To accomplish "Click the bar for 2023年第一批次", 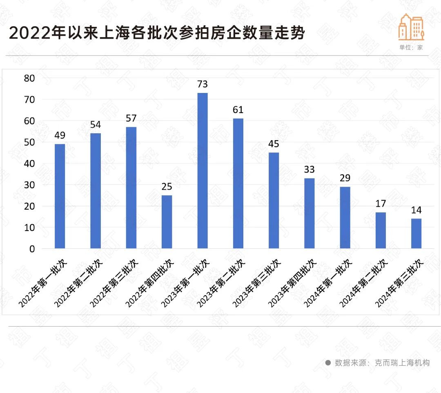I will coord(203,170).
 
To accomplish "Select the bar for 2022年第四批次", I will coord(167,222).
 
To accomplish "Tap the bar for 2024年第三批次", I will coord(416,233).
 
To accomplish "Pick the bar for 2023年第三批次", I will coord(274,200).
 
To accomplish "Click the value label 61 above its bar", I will coord(238,110).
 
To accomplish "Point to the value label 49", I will coord(60,135).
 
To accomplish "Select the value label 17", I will coord(381,203).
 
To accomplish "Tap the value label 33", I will coord(310,170).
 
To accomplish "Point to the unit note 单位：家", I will coord(411,47).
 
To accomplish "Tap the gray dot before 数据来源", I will coord(327,362).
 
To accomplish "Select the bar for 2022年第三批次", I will coord(131,188).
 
